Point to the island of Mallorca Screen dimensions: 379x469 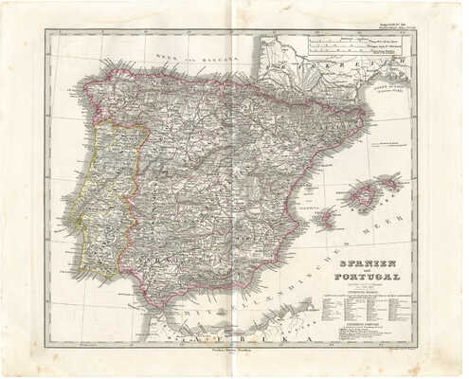pos(360,196)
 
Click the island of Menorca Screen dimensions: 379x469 pos(389,178)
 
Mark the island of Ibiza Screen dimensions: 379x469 pos(325,220)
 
